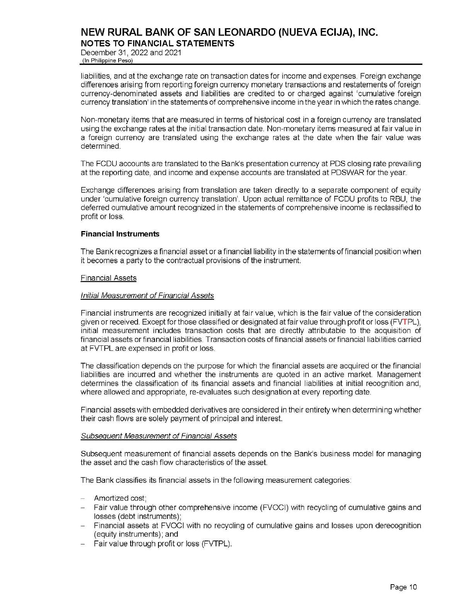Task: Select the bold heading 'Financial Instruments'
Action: (x=120, y=234)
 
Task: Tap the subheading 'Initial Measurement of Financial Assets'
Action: (x=147, y=296)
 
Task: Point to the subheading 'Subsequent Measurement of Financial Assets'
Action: (x=158, y=436)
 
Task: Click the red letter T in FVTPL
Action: (x=405, y=322)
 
